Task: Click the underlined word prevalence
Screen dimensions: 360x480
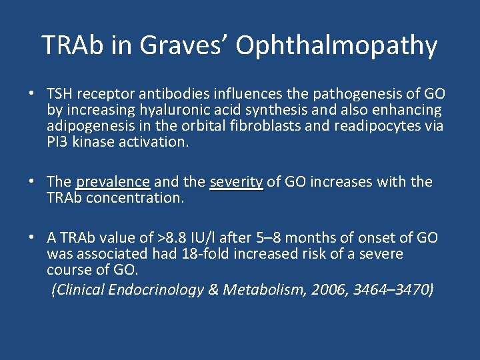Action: click(x=113, y=182)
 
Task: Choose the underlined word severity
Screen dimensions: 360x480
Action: click(x=237, y=182)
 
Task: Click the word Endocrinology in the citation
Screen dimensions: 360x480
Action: click(x=157, y=289)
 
